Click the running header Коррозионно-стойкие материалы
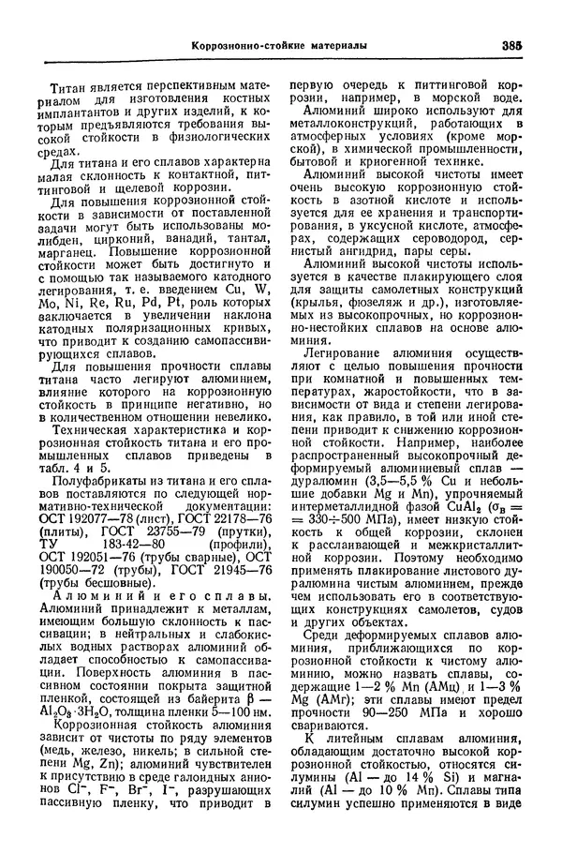pos(279,45)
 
